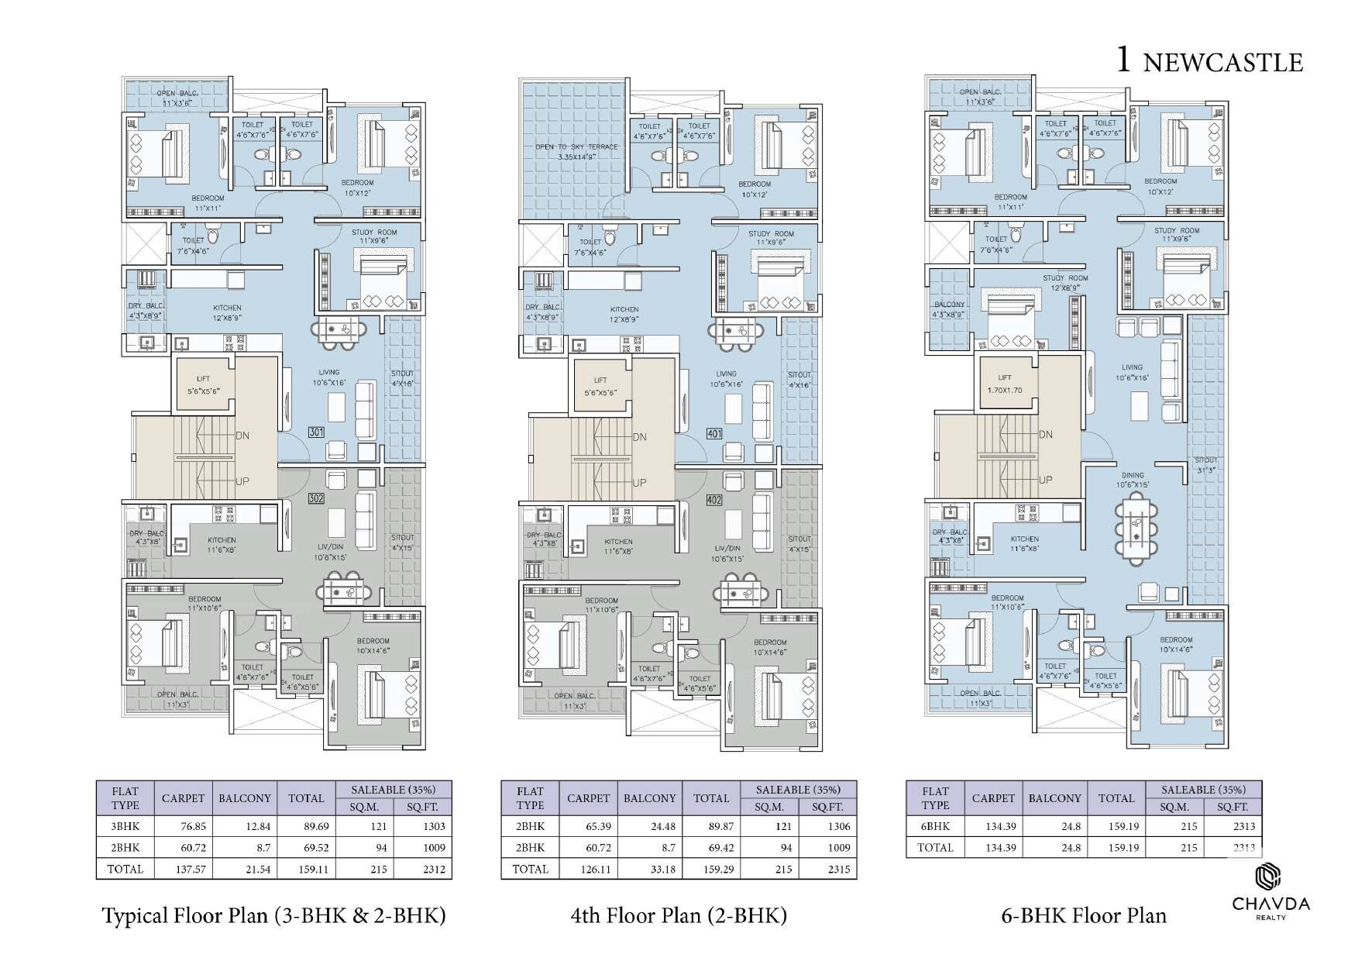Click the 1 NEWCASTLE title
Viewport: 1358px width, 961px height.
point(1208,60)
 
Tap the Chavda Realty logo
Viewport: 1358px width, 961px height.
point(1270,894)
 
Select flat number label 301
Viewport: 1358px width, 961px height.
point(316,432)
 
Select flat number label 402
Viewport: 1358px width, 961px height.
point(714,500)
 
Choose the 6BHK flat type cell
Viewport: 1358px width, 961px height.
point(935,826)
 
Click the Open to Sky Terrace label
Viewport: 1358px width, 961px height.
point(576,151)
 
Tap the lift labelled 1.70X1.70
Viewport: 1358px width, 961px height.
point(1006,384)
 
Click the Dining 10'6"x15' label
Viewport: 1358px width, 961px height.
point(1132,480)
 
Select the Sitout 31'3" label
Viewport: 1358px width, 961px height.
point(1205,464)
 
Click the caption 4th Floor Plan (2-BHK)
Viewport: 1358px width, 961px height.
point(679,916)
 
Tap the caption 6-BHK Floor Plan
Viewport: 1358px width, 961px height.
point(1084,916)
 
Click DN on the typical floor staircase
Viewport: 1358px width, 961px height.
point(242,436)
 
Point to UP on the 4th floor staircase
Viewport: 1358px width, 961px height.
point(639,483)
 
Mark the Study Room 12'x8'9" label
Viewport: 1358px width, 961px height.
point(1064,283)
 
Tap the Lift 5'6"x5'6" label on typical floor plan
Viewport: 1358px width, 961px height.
point(203,385)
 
